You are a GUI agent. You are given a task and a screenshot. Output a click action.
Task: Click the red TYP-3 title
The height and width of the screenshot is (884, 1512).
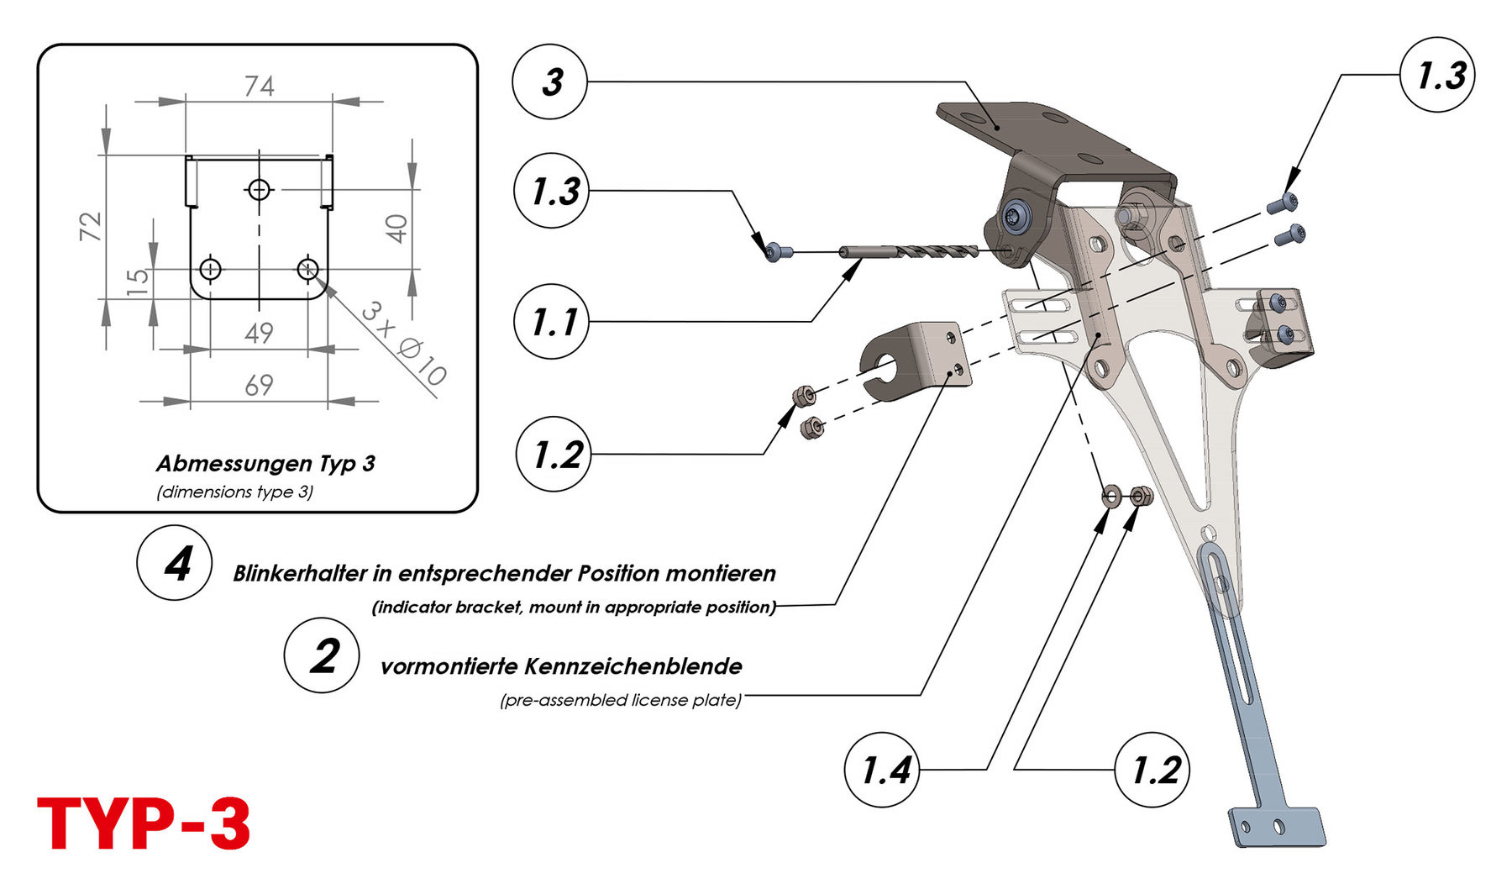[x=144, y=824]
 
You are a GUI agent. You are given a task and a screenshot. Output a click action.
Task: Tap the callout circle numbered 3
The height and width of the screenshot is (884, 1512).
[x=549, y=82]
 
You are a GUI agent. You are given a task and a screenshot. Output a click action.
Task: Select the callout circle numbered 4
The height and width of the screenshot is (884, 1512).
[x=175, y=563]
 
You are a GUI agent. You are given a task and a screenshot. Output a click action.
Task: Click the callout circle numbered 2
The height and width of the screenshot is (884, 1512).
[x=322, y=655]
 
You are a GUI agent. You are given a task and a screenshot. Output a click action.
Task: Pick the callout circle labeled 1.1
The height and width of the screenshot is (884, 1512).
[x=551, y=321]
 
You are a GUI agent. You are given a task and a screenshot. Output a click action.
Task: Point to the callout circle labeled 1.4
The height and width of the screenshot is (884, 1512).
[x=882, y=770]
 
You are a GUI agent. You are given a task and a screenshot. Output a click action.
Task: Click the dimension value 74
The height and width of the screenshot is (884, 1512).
[x=259, y=87]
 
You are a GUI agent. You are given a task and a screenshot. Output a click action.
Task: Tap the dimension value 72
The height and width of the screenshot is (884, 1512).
[x=91, y=226]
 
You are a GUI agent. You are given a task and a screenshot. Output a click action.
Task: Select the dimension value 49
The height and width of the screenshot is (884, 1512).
[x=259, y=333]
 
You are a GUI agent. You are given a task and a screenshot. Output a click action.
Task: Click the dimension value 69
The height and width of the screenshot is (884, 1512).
[x=259, y=385]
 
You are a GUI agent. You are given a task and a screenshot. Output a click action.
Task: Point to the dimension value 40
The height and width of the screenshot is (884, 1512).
[x=396, y=228]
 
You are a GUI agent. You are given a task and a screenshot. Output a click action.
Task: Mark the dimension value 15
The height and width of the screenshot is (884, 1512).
[x=139, y=279]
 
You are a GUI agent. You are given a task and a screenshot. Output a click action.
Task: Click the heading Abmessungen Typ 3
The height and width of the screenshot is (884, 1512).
[x=265, y=463]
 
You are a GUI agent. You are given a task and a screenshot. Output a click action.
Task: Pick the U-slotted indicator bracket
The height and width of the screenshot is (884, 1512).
[x=916, y=361]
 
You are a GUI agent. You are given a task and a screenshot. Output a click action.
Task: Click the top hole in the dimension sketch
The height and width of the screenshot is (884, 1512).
[x=259, y=190]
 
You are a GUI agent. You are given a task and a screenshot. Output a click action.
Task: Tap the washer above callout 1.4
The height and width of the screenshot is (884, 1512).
[x=1110, y=497]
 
